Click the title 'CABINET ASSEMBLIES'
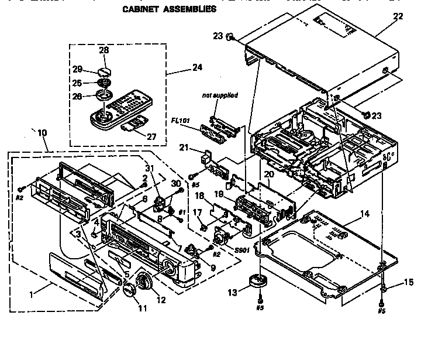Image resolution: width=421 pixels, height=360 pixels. [170, 9]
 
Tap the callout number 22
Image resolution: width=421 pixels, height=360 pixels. [398, 16]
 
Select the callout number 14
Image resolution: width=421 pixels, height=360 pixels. [364, 214]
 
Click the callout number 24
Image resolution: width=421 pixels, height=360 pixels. [197, 67]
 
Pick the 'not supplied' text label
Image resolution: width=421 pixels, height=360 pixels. [220, 95]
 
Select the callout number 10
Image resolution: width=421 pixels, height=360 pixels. [43, 132]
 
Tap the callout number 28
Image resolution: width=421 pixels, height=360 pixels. [104, 51]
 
